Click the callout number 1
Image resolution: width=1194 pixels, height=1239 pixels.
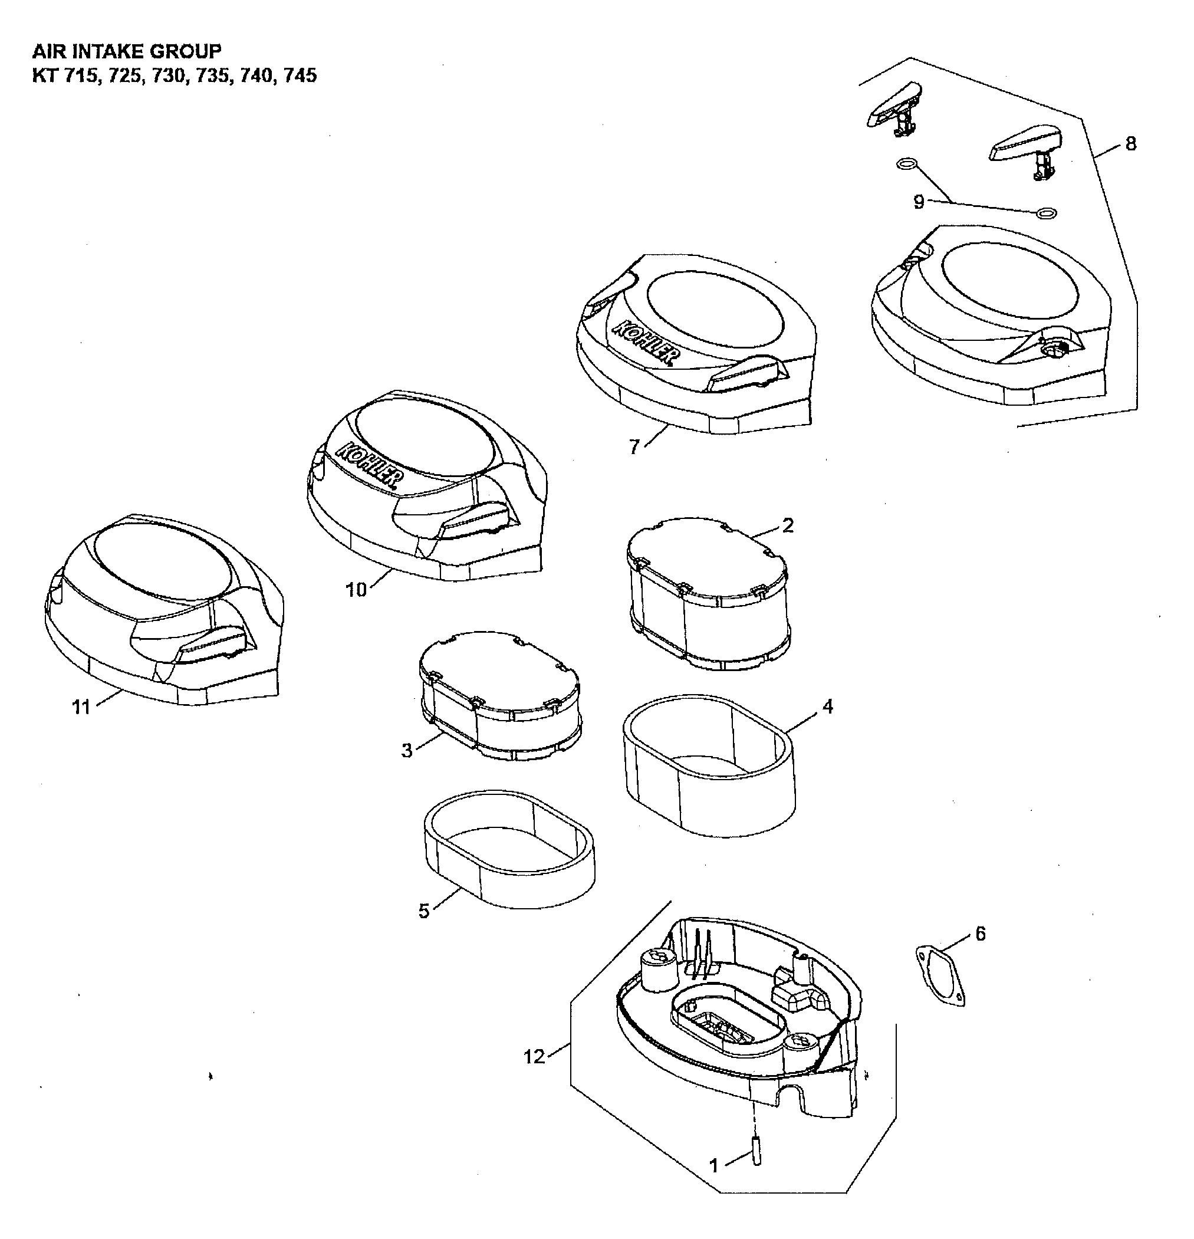click(714, 1165)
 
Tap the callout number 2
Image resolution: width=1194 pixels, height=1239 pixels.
click(788, 525)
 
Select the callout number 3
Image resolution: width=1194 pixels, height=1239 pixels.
click(407, 750)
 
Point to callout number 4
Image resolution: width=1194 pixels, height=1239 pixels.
click(827, 706)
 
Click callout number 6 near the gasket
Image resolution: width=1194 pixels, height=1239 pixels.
click(981, 934)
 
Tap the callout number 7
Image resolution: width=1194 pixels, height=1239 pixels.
click(634, 447)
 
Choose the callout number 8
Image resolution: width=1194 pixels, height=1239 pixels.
click(1131, 144)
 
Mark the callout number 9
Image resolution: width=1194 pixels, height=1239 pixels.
click(919, 202)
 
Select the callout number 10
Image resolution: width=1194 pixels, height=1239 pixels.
click(356, 590)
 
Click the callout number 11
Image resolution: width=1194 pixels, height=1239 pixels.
click(81, 706)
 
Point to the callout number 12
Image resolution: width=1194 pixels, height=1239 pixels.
click(534, 1056)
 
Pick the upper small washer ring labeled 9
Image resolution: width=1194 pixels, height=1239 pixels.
click(906, 165)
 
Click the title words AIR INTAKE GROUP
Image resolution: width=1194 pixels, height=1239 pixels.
click(127, 51)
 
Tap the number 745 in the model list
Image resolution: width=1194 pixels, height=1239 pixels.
click(300, 76)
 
